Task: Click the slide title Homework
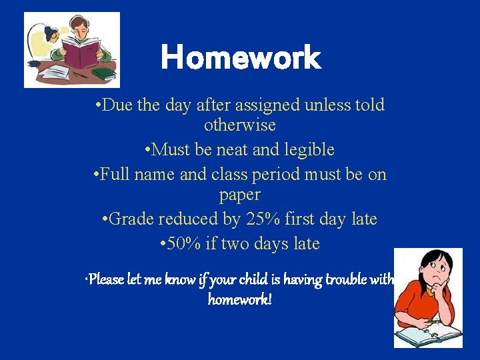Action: pyautogui.click(x=241, y=58)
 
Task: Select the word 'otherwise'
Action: pyautogui.click(x=240, y=125)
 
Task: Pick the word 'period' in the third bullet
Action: pyautogui.click(x=285, y=175)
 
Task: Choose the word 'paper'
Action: pyautogui.click(x=240, y=195)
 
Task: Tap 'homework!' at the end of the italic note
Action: pyautogui.click(x=240, y=299)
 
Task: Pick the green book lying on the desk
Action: pyautogui.click(x=104, y=73)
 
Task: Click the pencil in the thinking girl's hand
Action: pyautogui.click(x=431, y=321)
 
